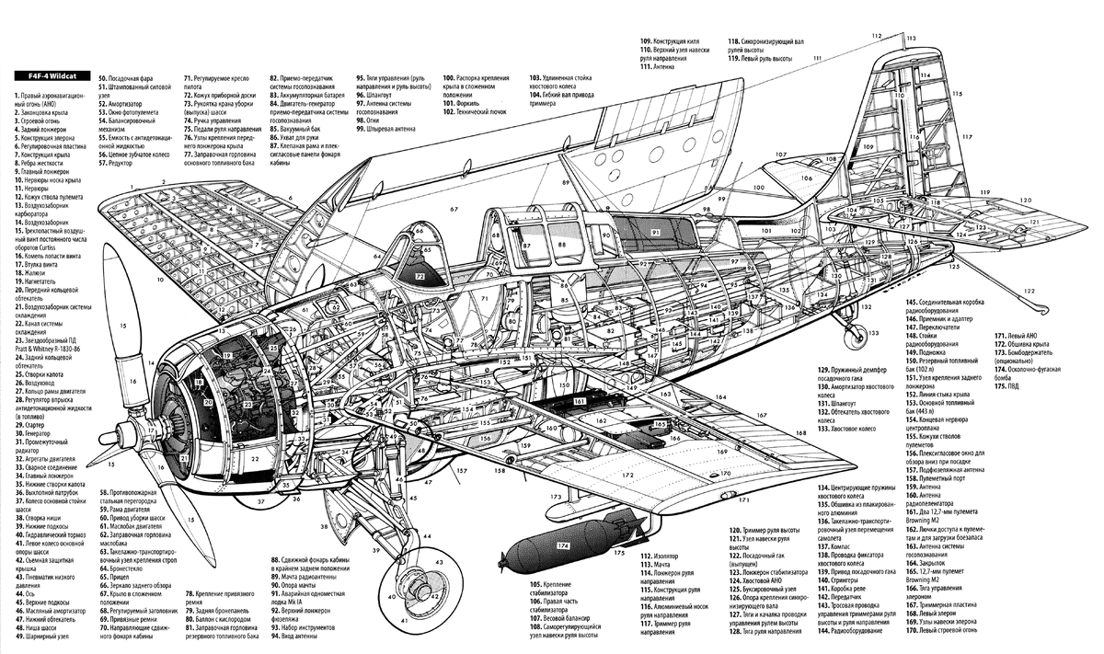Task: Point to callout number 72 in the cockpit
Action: [420, 276]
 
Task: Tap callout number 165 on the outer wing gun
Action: [661, 424]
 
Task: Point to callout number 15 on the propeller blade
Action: [122, 326]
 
